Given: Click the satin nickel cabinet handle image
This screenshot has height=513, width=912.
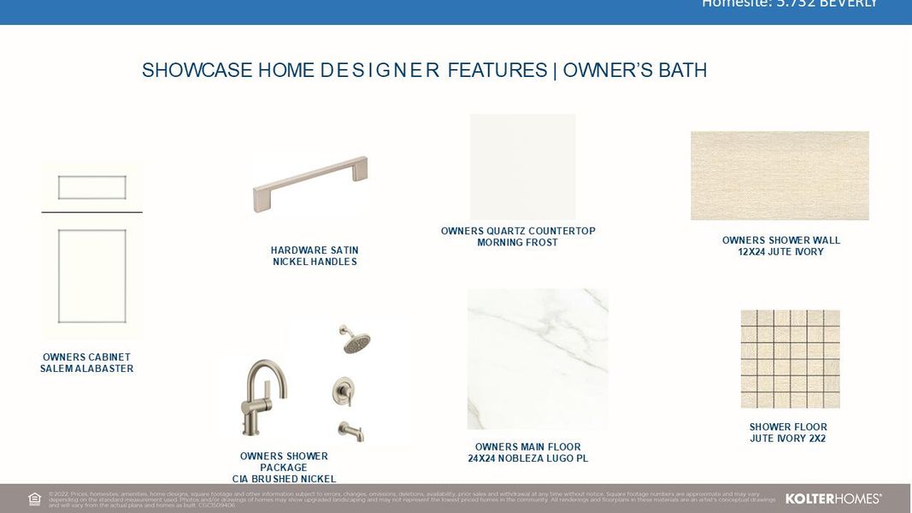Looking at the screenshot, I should tap(309, 183).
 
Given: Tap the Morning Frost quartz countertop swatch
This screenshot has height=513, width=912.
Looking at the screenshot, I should tap(522, 167).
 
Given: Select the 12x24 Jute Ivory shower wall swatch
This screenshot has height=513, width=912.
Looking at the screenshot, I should tap(780, 175).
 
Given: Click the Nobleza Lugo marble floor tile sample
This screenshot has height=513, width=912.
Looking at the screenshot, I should tap(538, 359).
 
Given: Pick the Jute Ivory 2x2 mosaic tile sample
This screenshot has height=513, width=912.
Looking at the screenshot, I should tap(790, 359).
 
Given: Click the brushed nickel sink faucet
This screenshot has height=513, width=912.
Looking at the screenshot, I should tap(264, 398).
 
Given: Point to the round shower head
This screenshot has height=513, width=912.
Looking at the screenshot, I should tap(355, 339).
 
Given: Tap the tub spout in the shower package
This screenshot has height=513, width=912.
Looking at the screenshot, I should tap(351, 431).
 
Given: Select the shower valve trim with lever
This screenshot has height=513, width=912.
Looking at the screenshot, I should tap(344, 392).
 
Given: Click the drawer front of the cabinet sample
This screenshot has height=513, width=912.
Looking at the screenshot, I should tap(91, 187).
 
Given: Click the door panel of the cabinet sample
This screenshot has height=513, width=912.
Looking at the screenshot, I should tap(91, 275).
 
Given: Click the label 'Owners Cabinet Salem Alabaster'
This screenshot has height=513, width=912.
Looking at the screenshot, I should tap(86, 363).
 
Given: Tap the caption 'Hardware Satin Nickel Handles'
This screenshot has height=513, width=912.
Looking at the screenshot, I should tap(315, 256).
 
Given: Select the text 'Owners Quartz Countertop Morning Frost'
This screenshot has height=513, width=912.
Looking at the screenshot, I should tap(518, 237).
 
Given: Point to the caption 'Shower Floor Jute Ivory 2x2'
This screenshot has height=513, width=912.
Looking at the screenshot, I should tap(788, 433).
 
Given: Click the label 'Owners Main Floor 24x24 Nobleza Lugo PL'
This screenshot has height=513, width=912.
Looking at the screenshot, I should tap(527, 453).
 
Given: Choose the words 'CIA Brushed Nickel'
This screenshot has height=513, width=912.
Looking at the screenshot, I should tap(284, 479).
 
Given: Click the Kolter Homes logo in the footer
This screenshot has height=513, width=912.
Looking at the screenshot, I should tap(833, 498).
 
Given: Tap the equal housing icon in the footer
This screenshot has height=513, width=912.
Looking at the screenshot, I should tap(35, 499).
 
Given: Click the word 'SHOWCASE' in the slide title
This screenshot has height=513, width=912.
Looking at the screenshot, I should tap(185, 70).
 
